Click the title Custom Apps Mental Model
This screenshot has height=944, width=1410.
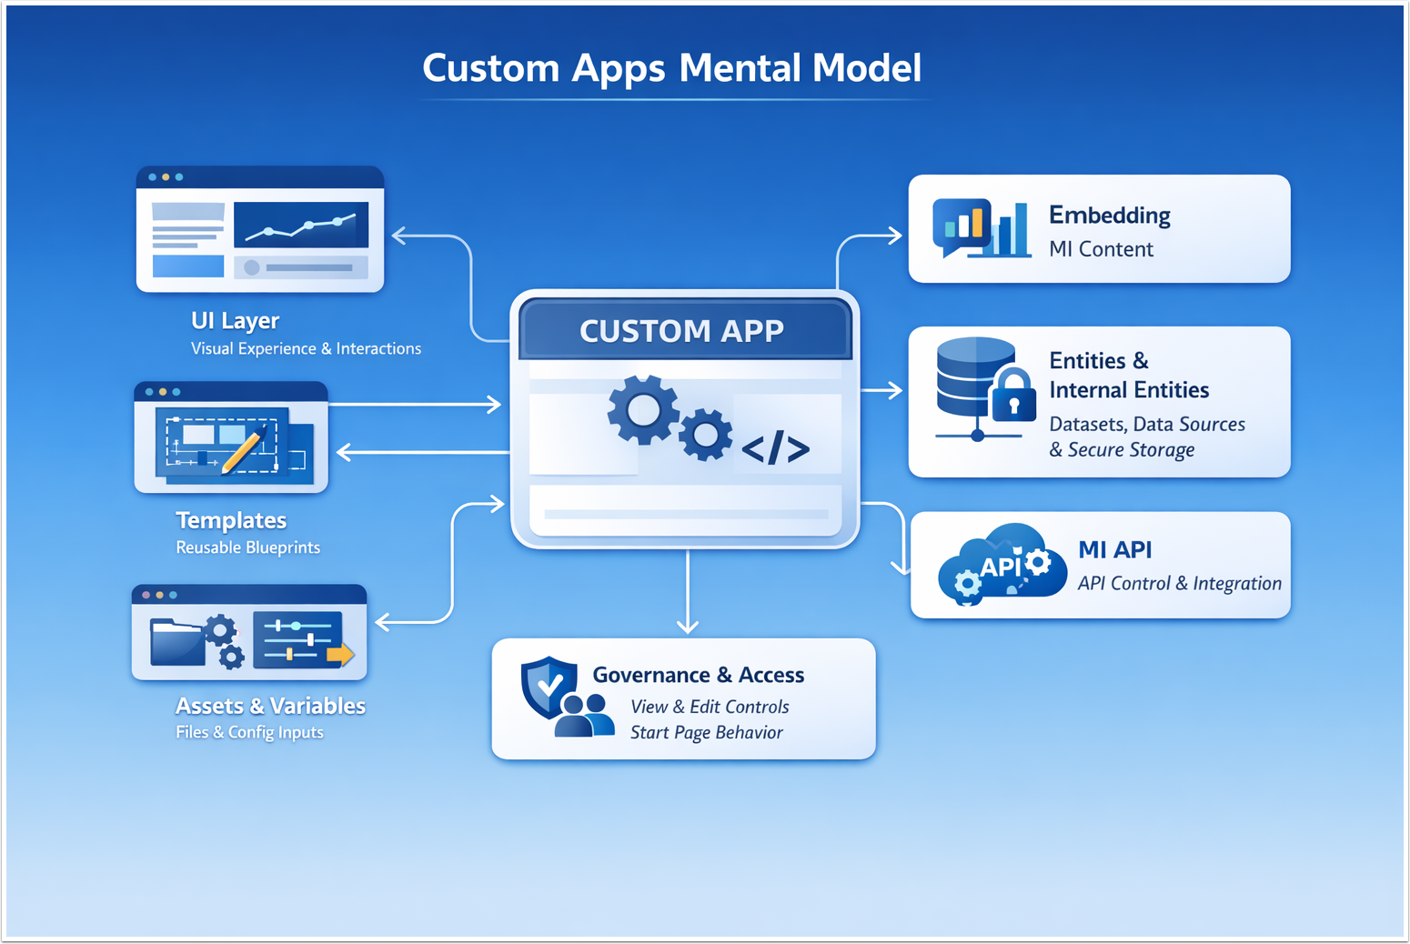(671, 68)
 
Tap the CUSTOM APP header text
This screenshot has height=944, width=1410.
(681, 331)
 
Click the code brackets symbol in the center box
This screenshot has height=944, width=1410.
(775, 448)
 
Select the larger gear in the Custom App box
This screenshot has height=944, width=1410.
(643, 410)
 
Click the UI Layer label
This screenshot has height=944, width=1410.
(235, 321)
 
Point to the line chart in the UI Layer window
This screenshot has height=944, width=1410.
(301, 225)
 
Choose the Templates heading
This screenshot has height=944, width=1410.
(231, 520)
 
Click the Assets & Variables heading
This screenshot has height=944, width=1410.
(270, 706)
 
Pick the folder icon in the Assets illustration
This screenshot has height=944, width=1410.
(176, 642)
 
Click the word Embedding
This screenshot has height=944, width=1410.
(1109, 216)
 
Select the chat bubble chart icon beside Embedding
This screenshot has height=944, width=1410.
(962, 226)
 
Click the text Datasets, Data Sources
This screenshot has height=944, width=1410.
(1146, 425)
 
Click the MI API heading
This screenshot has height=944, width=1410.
(1114, 550)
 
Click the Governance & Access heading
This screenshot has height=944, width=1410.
(698, 675)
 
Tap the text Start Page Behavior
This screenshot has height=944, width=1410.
(706, 733)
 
